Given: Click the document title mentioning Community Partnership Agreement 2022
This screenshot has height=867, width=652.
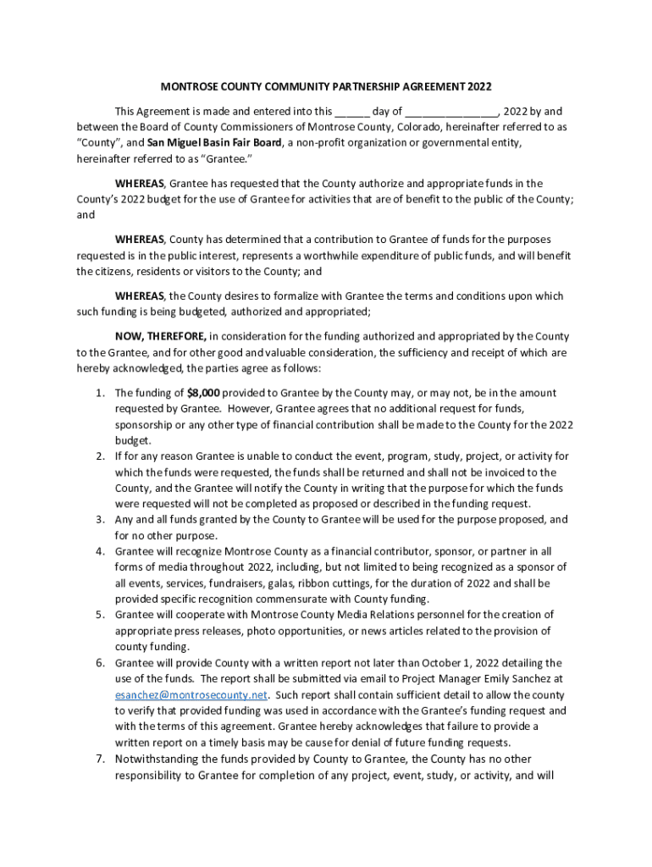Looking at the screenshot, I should pyautogui.click(x=326, y=87).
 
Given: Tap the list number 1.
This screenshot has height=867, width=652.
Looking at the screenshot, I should pyautogui.click(x=99, y=393).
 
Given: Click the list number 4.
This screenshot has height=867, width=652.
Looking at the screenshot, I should pyautogui.click(x=99, y=551).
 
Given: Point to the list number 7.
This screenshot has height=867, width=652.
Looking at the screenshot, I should pyautogui.click(x=99, y=759).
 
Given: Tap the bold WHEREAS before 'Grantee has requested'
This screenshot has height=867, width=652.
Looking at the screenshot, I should pyautogui.click(x=141, y=183).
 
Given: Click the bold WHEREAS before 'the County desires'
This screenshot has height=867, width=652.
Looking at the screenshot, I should pyautogui.click(x=141, y=296).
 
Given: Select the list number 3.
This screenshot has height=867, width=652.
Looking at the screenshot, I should pyautogui.click(x=99, y=520).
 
